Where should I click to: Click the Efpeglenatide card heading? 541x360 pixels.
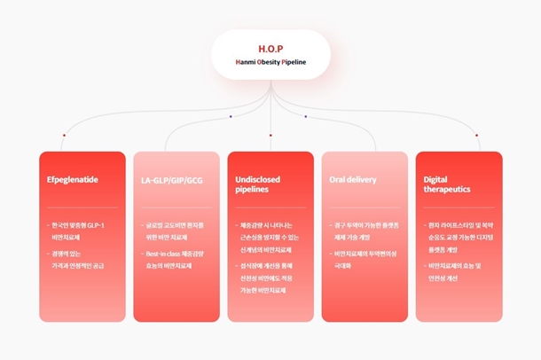pyautogui.click(x=72, y=179)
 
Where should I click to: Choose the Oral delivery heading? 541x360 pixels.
pyautogui.click(x=353, y=179)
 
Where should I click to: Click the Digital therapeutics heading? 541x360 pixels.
pyautogui.click(x=447, y=184)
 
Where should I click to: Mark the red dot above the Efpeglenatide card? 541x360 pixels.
pyautogui.click(x=64, y=136)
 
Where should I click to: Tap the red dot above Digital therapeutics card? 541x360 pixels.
pyautogui.click(x=477, y=136)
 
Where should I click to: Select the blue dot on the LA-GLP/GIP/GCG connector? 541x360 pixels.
pyautogui.click(x=231, y=116)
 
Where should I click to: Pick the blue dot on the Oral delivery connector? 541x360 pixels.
pyautogui.click(x=306, y=116)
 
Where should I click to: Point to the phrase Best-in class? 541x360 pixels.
pyautogui.click(x=159, y=253)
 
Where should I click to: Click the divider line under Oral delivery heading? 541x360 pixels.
pyautogui.click(x=365, y=207)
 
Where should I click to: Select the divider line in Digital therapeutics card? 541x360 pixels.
pyautogui.click(x=459, y=207)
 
